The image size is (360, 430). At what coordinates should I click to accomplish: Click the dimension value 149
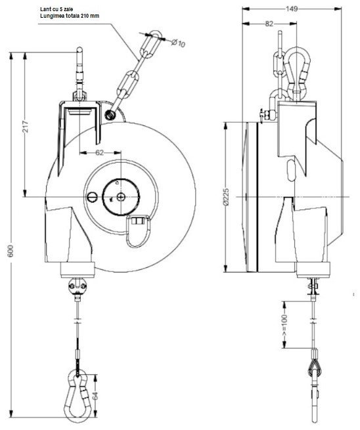coord(292,9)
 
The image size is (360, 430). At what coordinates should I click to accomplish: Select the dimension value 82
coord(269,24)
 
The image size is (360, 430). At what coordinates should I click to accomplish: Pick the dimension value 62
coord(99,152)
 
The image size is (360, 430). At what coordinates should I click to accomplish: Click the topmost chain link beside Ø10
coord(155,41)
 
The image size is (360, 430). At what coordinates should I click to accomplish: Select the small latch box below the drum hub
coord(139,228)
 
